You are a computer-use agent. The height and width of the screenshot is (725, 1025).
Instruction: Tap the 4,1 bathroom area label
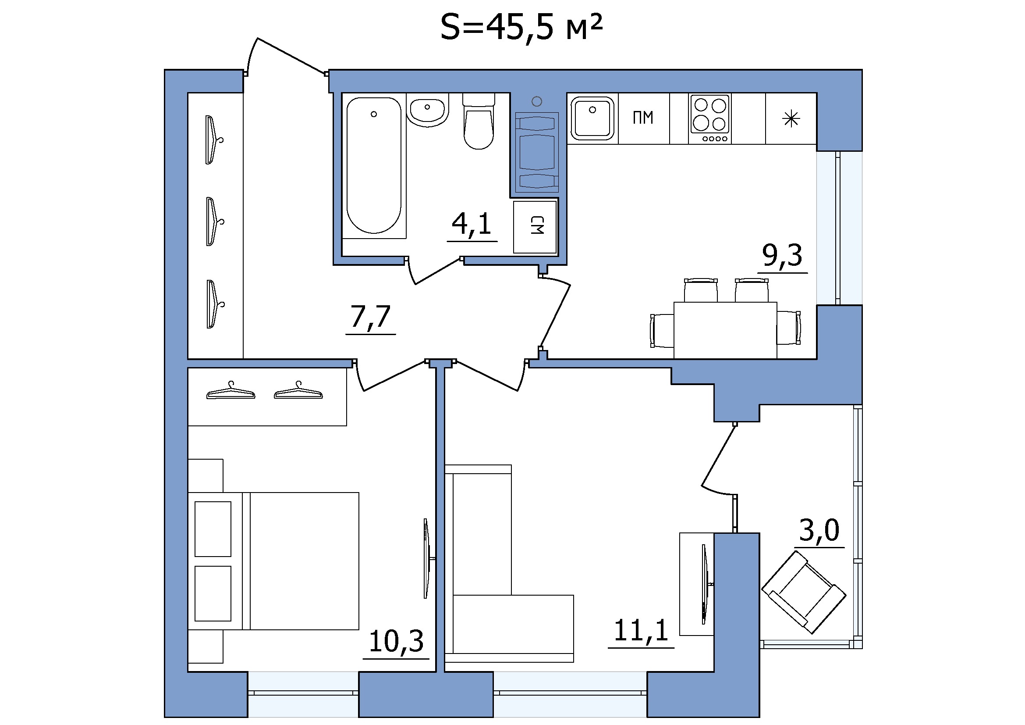tap(472, 224)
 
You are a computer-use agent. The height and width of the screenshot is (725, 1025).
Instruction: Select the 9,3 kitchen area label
tap(782, 256)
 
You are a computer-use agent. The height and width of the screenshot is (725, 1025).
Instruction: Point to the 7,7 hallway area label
tap(371, 317)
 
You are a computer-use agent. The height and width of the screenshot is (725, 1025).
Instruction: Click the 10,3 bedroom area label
tap(396, 642)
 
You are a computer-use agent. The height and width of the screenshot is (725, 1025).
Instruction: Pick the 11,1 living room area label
tap(641, 630)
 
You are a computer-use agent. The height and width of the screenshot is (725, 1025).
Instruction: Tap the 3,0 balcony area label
tap(819, 530)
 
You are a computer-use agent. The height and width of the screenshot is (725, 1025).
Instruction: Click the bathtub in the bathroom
tap(374, 165)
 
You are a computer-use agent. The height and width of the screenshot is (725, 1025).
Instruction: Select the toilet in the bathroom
tap(479, 121)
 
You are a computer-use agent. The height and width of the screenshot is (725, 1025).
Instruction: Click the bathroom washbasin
tap(428, 110)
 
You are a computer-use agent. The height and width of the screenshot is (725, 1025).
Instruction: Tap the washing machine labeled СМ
tap(535, 227)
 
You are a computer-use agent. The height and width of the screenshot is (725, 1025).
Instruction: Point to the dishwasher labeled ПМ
tap(644, 118)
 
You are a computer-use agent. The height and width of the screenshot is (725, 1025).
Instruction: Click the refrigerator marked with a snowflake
tap(791, 118)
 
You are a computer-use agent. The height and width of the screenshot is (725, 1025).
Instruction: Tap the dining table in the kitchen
tap(725, 330)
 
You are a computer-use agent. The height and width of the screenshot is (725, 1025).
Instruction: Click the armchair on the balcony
tap(804, 593)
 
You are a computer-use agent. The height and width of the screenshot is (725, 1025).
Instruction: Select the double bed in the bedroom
tap(273, 561)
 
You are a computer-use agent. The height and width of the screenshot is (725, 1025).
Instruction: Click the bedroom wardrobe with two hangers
tap(267, 396)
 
